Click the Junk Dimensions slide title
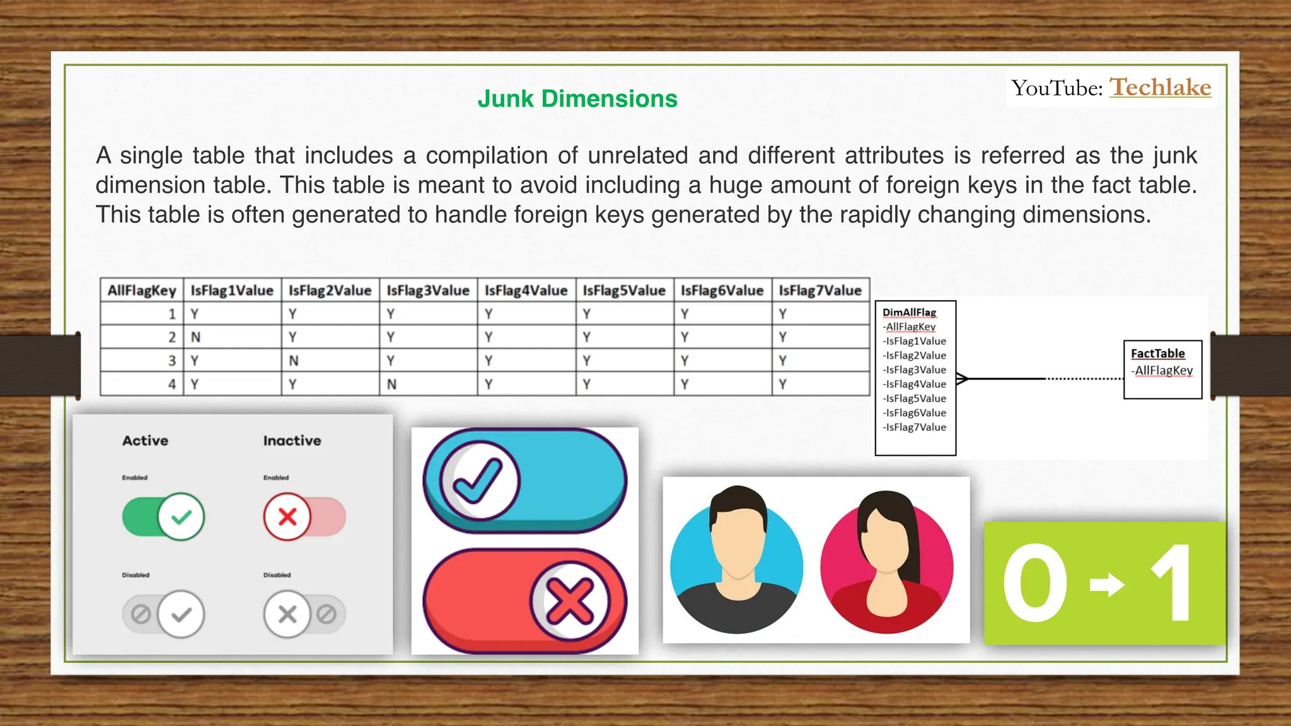point(577,99)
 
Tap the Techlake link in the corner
point(1160,87)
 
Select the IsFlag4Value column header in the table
point(526,291)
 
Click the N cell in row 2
point(196,337)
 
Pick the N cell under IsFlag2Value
point(294,360)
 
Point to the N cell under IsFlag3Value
point(391,384)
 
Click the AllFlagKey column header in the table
point(142,291)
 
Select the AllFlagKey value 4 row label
point(171,384)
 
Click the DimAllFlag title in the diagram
point(909,313)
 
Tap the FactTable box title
point(1157,354)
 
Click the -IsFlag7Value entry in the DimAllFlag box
point(915,427)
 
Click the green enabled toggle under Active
point(164,517)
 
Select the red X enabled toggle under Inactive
point(304,517)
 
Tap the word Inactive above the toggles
point(292,441)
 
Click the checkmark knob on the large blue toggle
point(479,481)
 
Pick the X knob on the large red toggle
point(569,601)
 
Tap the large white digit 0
point(1035,584)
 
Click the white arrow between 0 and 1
point(1107,584)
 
